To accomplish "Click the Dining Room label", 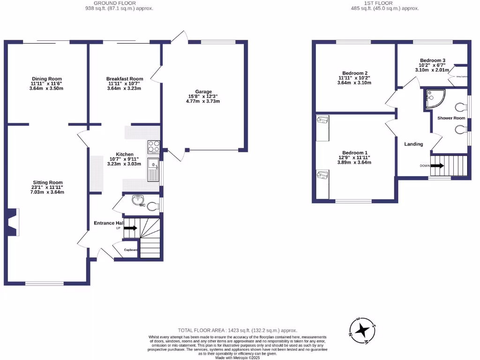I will [47, 79].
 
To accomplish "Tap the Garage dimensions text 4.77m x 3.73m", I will [204, 101].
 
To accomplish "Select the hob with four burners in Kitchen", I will [154, 147].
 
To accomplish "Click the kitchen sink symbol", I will [153, 170].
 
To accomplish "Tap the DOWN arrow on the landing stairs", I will [436, 165].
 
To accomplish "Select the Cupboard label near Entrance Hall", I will [131, 250].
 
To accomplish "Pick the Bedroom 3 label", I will [433, 60].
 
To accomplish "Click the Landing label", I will [413, 144].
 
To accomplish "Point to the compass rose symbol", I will [361, 331].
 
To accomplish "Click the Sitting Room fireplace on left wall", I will [14, 222].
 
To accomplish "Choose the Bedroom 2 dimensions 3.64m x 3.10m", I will [354, 83].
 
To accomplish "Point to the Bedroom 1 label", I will [354, 153].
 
